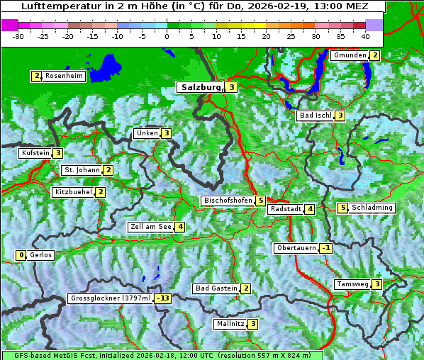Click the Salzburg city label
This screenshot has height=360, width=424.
[201, 87]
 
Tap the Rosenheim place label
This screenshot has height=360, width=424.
[63, 76]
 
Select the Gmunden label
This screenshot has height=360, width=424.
[350, 55]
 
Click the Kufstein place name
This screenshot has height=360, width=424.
[35, 153]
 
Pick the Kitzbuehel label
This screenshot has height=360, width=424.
[73, 192]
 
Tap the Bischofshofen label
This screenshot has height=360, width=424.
[228, 201]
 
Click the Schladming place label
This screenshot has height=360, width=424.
[372, 208]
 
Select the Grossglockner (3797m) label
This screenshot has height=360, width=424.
[111, 298]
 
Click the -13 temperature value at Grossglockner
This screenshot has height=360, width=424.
[164, 298]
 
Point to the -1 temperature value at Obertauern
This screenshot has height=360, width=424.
[325, 248]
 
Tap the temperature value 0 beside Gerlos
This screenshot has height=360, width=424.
[21, 255]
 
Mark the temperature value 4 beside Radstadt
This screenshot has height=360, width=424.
[310, 209]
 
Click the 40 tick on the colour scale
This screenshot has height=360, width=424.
[365, 35]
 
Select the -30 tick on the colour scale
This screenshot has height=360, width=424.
[18, 35]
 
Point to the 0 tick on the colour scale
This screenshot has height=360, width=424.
[167, 35]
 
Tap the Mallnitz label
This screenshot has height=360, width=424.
[230, 324]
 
